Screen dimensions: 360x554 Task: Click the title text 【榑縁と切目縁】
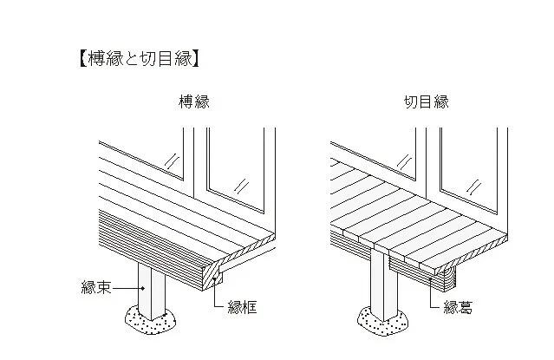click(140, 59)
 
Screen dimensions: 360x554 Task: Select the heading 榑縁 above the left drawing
click(192, 102)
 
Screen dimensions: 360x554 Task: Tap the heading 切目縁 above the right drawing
click(427, 102)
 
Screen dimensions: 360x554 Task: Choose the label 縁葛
click(459, 305)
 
